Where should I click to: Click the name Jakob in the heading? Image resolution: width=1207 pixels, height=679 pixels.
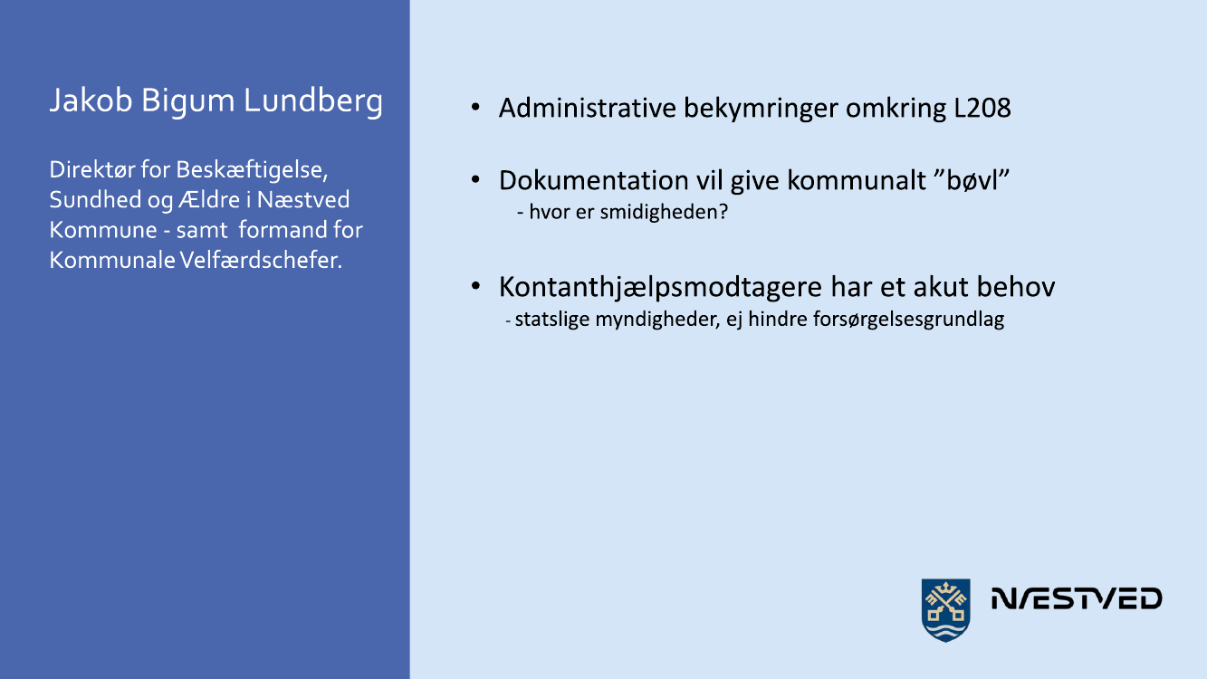[91, 100]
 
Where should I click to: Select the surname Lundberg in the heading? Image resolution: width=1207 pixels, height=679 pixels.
[313, 100]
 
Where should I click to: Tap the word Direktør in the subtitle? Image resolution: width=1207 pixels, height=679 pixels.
[92, 170]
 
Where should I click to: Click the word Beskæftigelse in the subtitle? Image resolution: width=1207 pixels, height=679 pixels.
[252, 170]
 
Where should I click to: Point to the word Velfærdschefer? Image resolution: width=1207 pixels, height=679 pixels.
[261, 261]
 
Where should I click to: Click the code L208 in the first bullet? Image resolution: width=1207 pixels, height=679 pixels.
[982, 109]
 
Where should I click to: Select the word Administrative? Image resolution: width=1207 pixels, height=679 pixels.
[588, 109]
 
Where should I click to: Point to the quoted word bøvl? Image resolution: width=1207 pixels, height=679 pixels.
[977, 180]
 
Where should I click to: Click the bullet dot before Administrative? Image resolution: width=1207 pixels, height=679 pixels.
[475, 107]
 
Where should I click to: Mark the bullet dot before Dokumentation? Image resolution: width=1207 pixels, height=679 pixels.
[475, 179]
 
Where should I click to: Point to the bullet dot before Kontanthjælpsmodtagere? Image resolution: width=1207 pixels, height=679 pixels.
[475, 286]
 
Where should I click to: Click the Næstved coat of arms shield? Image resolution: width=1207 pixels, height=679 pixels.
[945, 610]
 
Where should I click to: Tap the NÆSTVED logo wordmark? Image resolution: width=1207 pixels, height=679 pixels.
[1077, 598]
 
